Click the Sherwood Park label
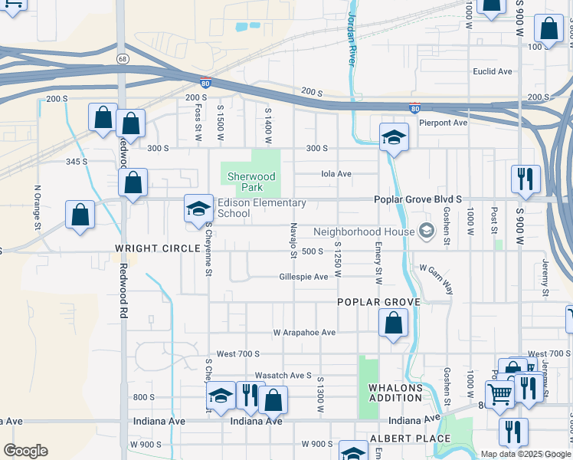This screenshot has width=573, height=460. click(250, 182)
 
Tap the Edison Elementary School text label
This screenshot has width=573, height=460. click(261, 208)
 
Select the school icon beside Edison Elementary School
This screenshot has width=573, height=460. click(198, 208)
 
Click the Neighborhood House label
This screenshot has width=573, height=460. click(365, 231)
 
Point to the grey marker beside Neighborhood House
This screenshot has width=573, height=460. click(426, 231)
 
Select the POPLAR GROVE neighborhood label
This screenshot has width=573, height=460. click(379, 302)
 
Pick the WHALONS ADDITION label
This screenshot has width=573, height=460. click(395, 393)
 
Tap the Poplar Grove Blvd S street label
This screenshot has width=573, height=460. click(417, 199)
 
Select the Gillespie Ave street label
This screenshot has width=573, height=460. click(304, 277)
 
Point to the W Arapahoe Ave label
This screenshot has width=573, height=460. click(305, 333)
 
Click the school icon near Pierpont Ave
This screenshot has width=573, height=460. click(395, 137)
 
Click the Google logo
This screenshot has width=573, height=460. click(25, 451)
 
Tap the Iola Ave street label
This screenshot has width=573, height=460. click(336, 174)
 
